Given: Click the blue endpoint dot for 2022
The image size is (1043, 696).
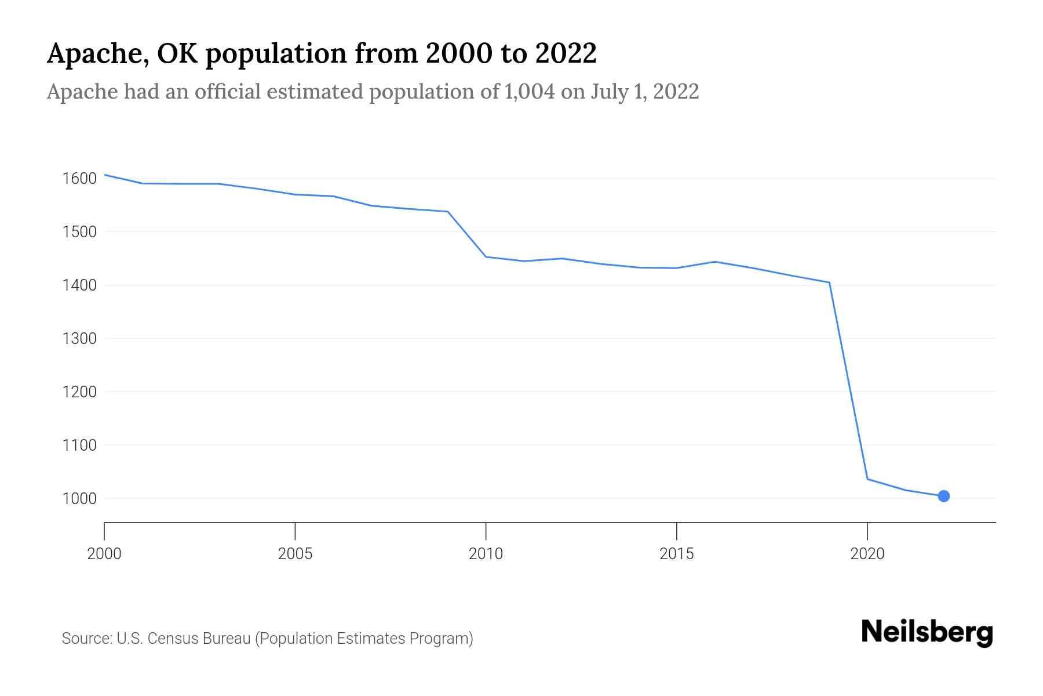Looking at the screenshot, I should pos(943,496).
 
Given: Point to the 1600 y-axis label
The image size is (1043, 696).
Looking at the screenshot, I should pos(79,178).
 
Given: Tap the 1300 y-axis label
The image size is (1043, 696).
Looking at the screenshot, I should pos(79,338).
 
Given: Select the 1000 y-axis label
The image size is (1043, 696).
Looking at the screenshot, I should pos(79,498).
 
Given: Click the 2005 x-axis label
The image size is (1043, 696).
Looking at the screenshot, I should pos(295,554).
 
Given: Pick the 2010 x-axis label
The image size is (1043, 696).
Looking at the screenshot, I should pos(486,554).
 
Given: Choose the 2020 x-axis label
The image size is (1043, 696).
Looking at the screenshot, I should pos(867,554).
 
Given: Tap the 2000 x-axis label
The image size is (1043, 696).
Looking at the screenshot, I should pos(104,554).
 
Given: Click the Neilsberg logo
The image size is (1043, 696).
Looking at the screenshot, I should pos(927,632).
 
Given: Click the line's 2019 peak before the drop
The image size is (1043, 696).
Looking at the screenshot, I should pos(829,282).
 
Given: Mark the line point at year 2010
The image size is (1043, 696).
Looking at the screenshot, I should pos(486,256).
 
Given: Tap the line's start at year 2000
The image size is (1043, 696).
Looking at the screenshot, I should pos(105,175).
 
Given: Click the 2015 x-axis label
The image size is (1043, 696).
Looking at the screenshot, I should pos(676,554).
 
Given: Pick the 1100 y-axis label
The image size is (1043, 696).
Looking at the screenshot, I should pos(79,445).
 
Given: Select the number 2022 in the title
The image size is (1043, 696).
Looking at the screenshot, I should pos(566,53).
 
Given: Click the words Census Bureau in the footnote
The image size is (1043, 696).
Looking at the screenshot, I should pos(199,639).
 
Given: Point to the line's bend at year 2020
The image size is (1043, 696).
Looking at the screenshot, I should pos(867,478).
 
